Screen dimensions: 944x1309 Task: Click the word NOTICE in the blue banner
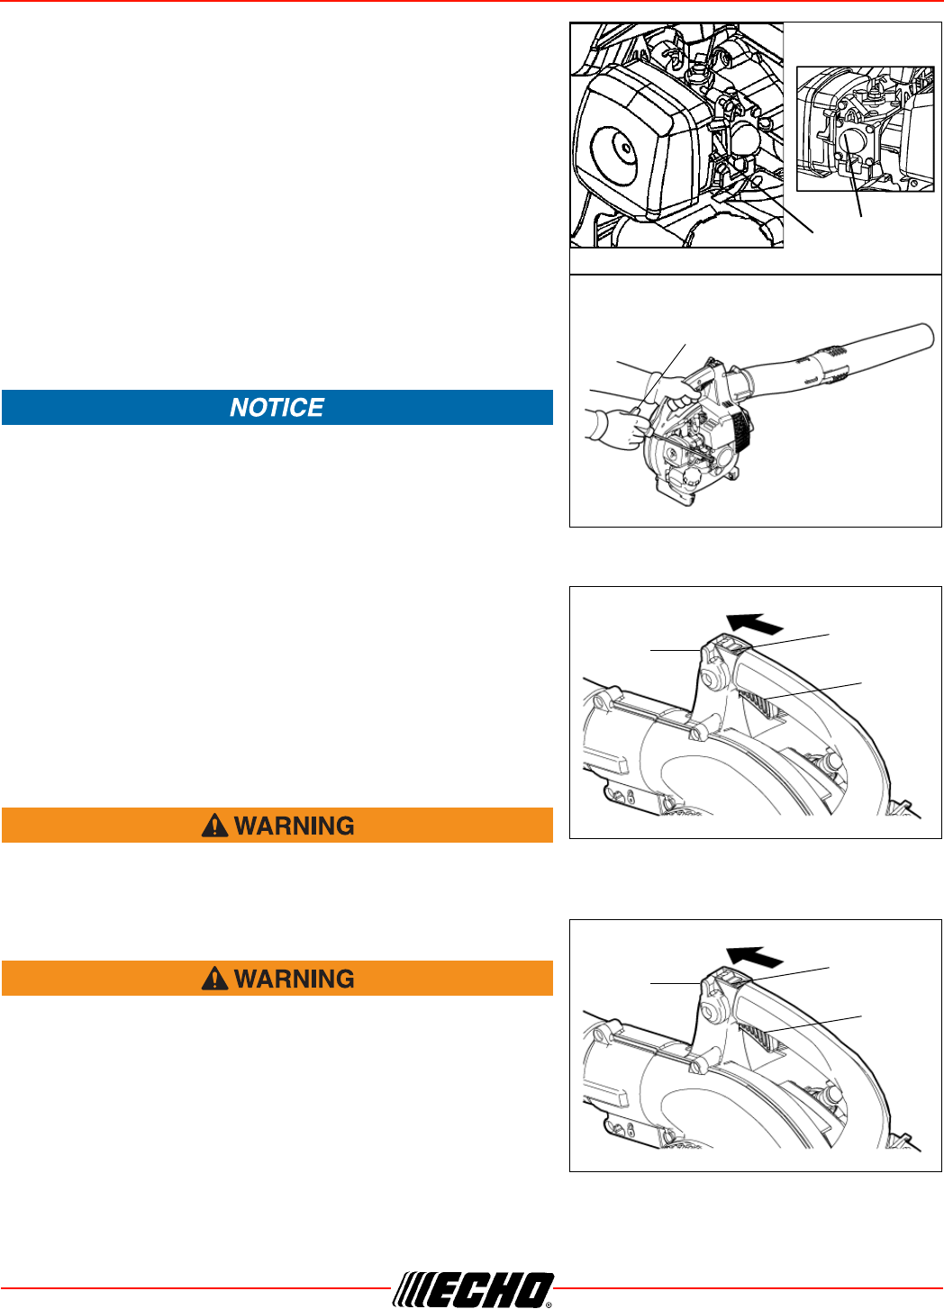click(x=277, y=408)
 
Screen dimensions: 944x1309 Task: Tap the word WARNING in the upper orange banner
click(x=294, y=826)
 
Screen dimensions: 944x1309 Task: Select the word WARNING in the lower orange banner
click(x=294, y=979)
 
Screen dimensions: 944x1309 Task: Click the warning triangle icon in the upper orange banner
click(x=214, y=826)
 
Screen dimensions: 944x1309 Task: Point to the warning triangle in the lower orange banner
click(x=214, y=979)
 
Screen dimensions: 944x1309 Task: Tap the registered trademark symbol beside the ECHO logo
click(x=549, y=1302)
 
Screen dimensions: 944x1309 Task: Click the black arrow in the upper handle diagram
click(x=754, y=623)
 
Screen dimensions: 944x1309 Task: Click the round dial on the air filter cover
click(x=617, y=145)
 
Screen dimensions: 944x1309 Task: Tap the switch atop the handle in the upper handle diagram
click(x=731, y=645)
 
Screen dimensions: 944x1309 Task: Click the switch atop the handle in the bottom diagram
click(x=731, y=978)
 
